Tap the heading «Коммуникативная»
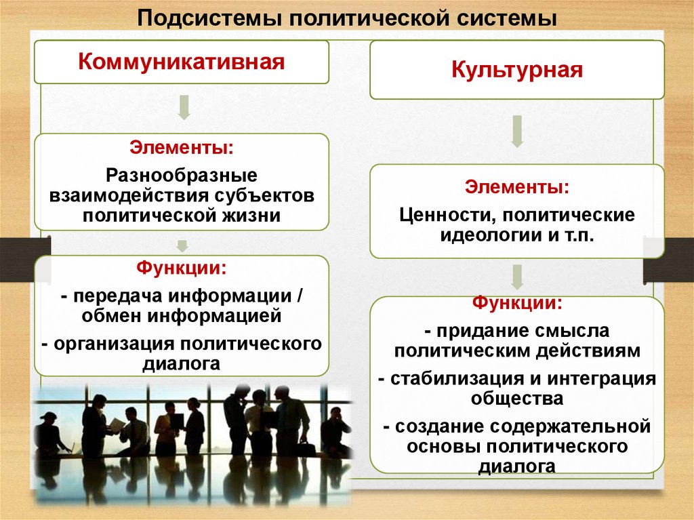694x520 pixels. click(182, 62)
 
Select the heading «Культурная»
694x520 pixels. click(516, 71)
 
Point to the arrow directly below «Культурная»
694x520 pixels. click(517, 131)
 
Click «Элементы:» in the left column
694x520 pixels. click(182, 147)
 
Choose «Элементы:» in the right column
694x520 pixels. click(516, 186)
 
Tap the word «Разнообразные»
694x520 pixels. click(182, 176)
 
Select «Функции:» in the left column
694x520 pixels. click(182, 268)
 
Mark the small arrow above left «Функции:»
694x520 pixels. click(182, 244)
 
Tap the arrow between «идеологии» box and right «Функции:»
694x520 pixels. click(517, 277)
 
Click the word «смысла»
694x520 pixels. click(567, 331)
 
